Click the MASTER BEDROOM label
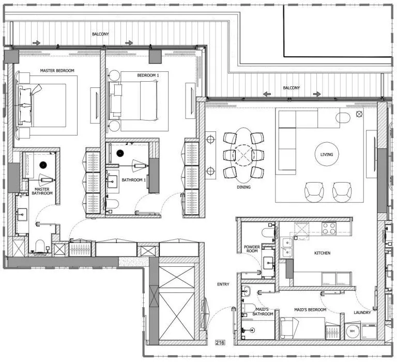point(57,70)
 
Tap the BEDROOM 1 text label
point(148,76)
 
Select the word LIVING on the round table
point(326,155)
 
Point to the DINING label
point(243,187)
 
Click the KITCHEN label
point(322,253)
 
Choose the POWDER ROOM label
point(252,250)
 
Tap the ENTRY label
point(223,284)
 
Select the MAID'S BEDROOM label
point(310,309)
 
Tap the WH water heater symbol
point(352,330)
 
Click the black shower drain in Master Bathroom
point(43,164)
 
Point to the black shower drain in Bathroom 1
point(120,153)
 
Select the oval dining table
point(243,154)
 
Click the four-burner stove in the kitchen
point(329,228)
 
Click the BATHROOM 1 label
point(134,180)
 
